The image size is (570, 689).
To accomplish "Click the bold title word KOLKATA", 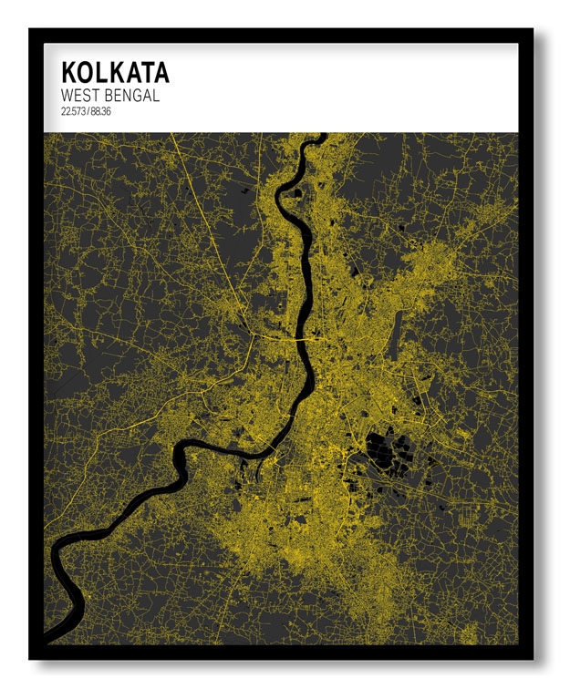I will click(x=115, y=73).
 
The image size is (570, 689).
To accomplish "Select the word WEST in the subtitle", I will click(x=80, y=96).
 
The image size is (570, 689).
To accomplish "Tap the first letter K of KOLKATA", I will click(x=68, y=73).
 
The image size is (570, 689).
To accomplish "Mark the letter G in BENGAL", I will click(x=134, y=96).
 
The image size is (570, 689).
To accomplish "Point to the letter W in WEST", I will click(x=67, y=96).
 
